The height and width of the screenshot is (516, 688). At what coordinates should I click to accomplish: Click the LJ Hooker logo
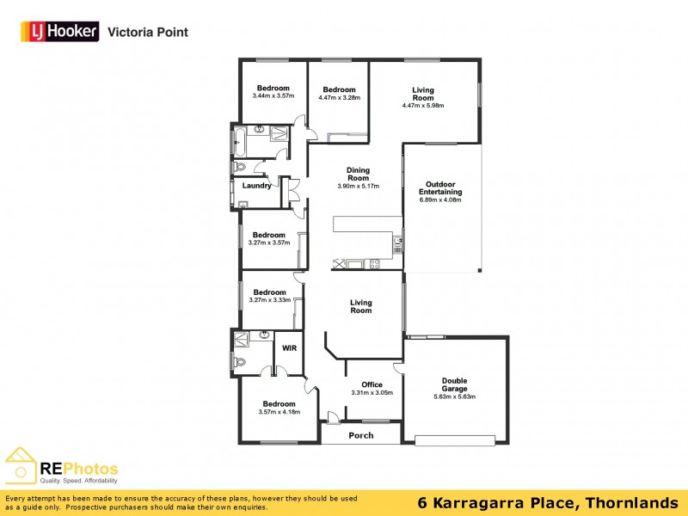59,32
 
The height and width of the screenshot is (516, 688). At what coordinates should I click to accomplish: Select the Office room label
372,384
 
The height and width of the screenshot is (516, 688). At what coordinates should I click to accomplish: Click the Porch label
361,435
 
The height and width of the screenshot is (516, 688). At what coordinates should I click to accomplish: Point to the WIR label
289,348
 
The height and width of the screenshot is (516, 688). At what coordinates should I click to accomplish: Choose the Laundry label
257,186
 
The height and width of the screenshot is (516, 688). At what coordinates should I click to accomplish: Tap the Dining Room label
358,175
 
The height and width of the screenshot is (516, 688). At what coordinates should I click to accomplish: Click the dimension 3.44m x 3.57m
273,95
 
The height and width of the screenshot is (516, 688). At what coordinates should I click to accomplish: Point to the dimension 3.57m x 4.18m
279,412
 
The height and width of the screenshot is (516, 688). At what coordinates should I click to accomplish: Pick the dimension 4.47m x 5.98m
422,106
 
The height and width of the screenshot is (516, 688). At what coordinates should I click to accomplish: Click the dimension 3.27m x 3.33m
269,300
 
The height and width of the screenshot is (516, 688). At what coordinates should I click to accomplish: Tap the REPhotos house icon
21,465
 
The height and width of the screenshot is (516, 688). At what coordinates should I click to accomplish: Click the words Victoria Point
147,33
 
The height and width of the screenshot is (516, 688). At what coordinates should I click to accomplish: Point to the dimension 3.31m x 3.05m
372,393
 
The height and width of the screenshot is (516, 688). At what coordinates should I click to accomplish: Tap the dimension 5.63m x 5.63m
454,396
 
